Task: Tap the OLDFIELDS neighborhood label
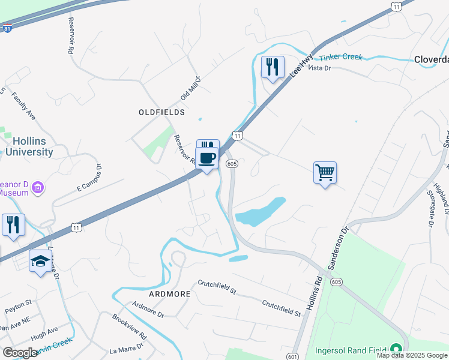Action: (161, 112)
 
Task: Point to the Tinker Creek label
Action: (340, 58)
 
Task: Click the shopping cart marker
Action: (325, 173)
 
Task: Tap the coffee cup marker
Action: (207, 158)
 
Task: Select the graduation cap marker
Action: (41, 261)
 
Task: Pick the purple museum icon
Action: (37, 188)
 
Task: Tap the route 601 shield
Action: (292, 356)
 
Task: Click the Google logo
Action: (20, 353)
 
